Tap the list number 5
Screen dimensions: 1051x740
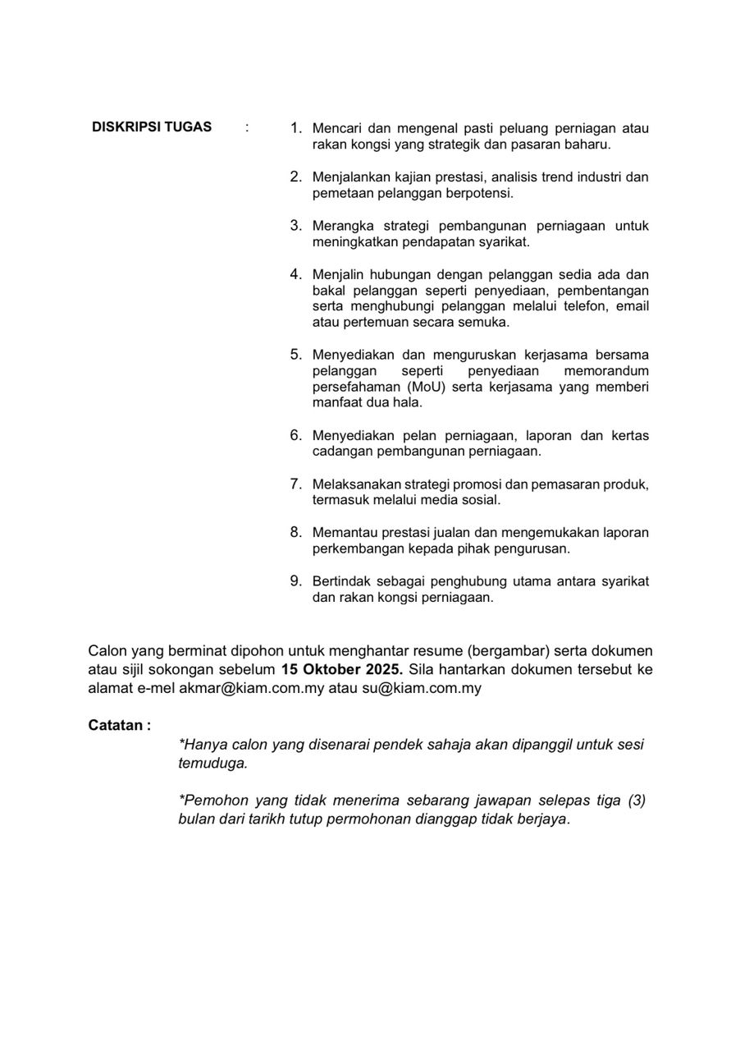[x=295, y=355]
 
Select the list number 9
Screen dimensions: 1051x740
[x=295, y=581]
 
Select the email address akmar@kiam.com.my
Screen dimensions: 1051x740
[x=252, y=688]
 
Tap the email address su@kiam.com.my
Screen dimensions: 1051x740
[x=421, y=688]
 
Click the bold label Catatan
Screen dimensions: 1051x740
[x=119, y=726]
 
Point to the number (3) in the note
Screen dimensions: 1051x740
[x=637, y=801]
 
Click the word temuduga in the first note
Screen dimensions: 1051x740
[x=212, y=764]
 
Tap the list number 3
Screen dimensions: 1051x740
[x=295, y=225]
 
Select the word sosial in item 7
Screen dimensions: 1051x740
[x=480, y=500]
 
